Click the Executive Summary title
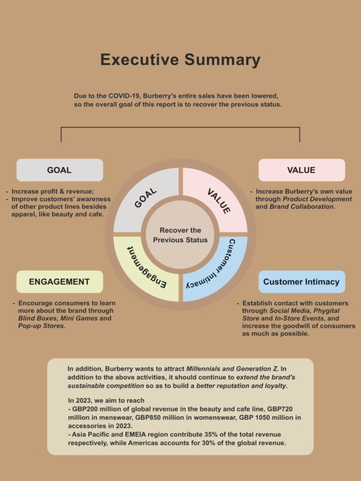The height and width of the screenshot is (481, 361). click(x=180, y=60)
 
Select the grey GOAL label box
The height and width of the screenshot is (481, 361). click(x=60, y=170)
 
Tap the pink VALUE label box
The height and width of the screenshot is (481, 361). click(x=302, y=170)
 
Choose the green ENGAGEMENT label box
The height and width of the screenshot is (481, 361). click(x=60, y=281)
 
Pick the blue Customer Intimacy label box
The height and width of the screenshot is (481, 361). click(x=302, y=281)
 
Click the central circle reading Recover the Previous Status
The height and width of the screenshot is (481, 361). click(x=180, y=235)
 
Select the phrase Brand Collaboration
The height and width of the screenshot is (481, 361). click(x=302, y=207)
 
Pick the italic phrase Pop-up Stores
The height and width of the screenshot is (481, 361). click(x=42, y=326)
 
